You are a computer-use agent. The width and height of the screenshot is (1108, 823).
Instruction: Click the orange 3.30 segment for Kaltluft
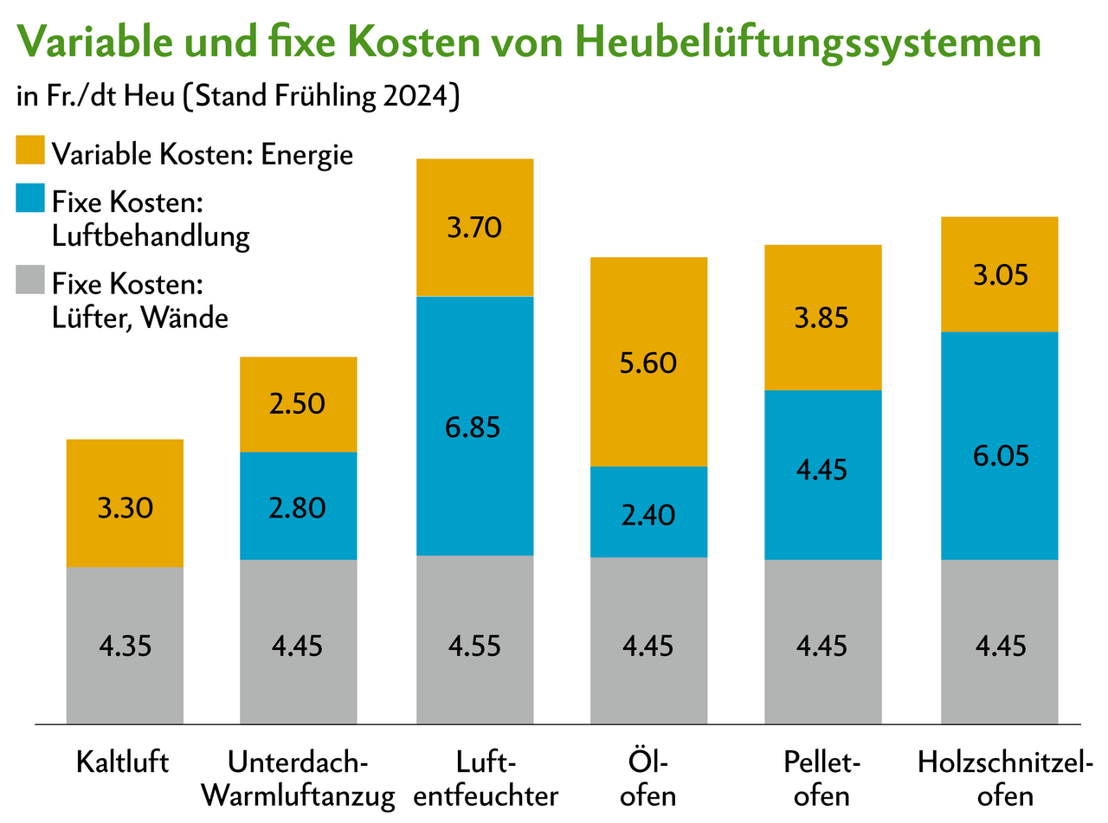point(125,504)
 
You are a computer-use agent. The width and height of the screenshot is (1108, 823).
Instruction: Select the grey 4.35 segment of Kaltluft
point(125,645)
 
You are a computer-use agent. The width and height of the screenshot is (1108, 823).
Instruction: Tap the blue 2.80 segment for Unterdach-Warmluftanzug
point(298,506)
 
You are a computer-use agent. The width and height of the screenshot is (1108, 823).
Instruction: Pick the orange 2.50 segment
point(298,404)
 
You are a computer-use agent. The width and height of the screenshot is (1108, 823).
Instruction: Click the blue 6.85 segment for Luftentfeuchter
point(474,426)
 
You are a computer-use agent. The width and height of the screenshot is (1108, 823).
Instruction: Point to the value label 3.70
point(474,229)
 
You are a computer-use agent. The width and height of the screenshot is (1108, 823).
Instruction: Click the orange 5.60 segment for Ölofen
point(648,362)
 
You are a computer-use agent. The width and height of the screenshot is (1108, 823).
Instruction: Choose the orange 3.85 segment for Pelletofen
point(822,318)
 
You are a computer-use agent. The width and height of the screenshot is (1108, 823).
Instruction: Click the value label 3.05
point(1000,275)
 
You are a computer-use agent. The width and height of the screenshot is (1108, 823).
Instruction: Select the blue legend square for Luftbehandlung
point(30,202)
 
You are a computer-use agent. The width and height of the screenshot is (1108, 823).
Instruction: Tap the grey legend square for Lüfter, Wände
point(30,283)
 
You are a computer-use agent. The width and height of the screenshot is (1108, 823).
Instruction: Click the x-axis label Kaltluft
point(122,763)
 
